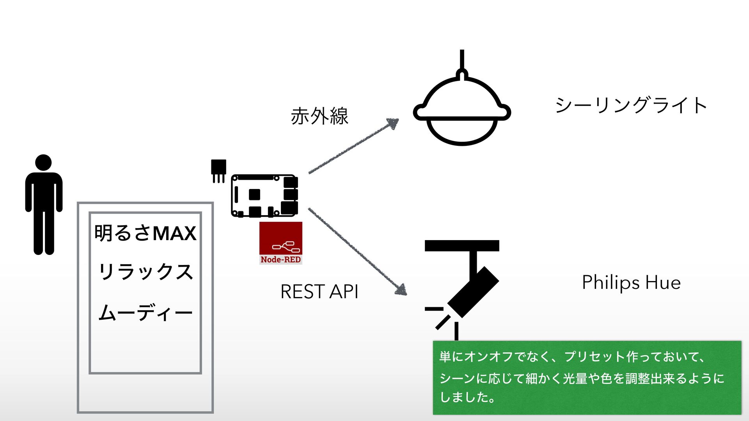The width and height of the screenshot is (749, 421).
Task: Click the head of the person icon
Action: click(43, 162)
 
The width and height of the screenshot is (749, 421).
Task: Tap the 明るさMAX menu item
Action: click(145, 233)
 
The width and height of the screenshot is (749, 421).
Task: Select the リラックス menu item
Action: click(145, 271)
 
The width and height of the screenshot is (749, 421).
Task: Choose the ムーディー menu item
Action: click(145, 313)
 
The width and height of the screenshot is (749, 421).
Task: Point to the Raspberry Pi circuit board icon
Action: click(264, 196)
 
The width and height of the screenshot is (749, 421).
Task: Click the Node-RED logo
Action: click(280, 243)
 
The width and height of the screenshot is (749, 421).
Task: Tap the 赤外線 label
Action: click(319, 116)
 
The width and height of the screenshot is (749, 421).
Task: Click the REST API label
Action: click(319, 292)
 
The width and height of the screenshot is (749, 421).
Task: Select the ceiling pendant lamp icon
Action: click(462, 111)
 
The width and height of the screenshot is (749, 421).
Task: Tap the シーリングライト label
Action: click(631, 105)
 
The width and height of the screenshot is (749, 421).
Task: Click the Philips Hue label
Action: click(631, 282)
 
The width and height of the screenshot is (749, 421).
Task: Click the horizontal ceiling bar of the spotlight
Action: click(462, 246)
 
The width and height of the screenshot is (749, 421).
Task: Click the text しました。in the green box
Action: click(467, 397)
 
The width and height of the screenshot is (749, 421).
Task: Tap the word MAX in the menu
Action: click(174, 233)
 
